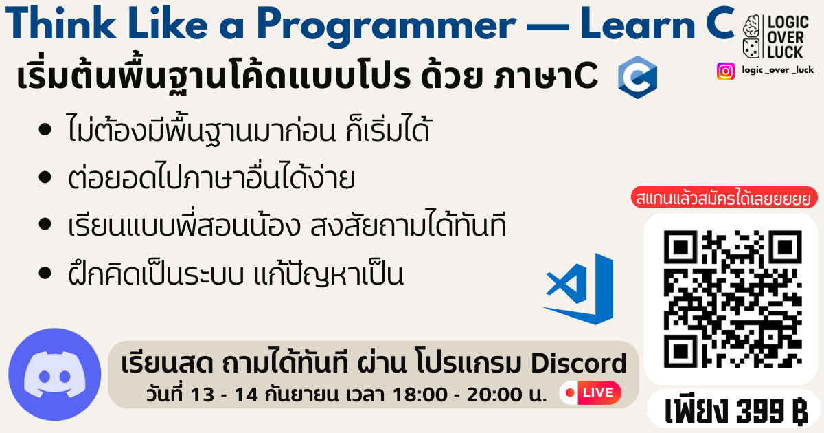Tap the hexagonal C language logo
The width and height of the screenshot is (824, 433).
(x=637, y=77)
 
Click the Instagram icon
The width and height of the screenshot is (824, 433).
(x=725, y=71)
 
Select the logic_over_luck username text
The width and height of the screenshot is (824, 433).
(x=777, y=70)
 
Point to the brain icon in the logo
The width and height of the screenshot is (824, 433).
(x=751, y=27)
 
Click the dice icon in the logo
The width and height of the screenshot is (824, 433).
(x=751, y=48)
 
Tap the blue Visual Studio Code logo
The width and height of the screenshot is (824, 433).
(x=578, y=289)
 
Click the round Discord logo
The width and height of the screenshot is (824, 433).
(x=55, y=375)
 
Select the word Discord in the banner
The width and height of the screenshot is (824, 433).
(x=579, y=364)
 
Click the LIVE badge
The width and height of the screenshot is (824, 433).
(x=591, y=392)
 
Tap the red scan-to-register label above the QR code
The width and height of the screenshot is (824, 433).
(x=724, y=197)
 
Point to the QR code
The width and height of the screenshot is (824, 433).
(x=733, y=300)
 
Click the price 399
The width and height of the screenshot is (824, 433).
(x=760, y=410)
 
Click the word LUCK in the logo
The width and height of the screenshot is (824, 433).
(x=786, y=52)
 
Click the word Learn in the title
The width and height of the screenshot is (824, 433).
(x=638, y=24)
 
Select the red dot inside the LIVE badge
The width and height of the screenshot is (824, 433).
(x=570, y=392)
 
